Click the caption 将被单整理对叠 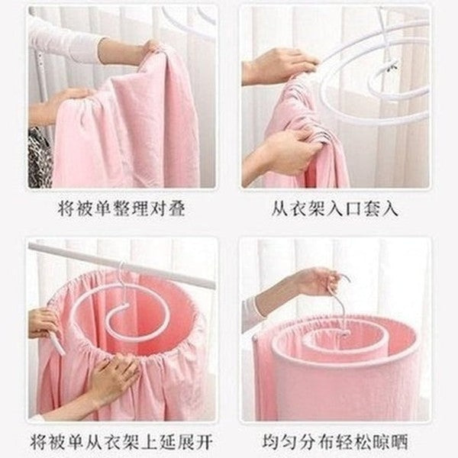tap(121, 208)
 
